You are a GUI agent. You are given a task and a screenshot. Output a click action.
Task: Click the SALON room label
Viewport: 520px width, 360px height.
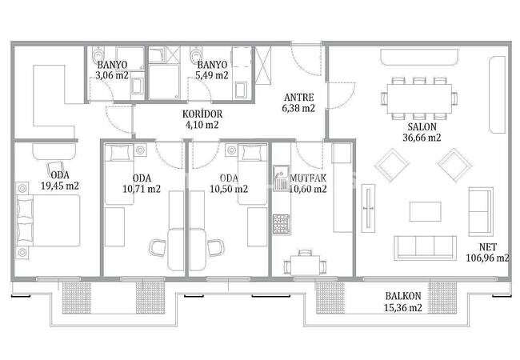click(x=422, y=126)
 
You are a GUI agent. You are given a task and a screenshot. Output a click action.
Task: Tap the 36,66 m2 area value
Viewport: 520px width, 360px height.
click(x=422, y=138)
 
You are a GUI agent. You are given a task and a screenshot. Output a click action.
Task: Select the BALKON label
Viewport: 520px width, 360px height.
click(x=403, y=296)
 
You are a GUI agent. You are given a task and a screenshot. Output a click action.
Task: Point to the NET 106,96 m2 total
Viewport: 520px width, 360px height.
click(x=487, y=252)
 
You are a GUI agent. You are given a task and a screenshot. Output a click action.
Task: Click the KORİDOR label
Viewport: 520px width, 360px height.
click(x=202, y=114)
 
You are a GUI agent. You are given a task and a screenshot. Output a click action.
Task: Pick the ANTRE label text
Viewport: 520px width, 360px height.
click(x=299, y=98)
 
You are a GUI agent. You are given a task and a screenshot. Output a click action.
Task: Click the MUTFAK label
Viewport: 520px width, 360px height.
click(x=308, y=178)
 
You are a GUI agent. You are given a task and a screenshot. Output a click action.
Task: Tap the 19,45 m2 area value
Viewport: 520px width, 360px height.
click(x=60, y=186)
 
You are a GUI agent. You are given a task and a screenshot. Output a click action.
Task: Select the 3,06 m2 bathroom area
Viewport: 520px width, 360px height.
click(x=112, y=75)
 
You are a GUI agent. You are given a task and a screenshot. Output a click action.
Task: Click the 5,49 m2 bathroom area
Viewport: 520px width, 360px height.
click(x=212, y=75)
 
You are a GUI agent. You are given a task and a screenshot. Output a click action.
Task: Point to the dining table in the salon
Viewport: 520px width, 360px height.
click(x=419, y=98)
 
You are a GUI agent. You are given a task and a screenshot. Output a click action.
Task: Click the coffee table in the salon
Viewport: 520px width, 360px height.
click(x=425, y=211)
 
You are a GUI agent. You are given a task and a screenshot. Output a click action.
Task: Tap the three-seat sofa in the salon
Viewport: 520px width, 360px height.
click(x=425, y=248)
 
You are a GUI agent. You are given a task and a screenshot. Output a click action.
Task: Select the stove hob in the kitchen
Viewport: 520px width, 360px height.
click(x=282, y=225)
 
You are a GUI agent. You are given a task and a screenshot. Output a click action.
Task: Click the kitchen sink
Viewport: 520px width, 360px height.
click(x=282, y=178)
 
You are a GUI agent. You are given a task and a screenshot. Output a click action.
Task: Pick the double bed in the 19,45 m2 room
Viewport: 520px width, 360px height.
click(x=48, y=221)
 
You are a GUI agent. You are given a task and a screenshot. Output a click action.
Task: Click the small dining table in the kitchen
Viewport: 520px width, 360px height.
click(x=306, y=265)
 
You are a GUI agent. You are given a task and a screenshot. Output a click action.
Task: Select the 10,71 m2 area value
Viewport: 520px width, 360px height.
click(x=142, y=189)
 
